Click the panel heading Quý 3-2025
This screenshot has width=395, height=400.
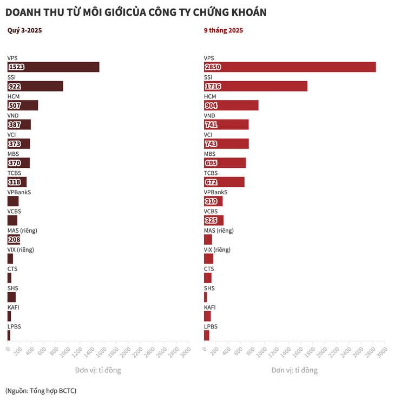(24, 30)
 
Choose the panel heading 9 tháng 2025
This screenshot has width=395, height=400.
(223, 30)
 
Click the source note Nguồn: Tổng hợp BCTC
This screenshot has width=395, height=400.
(41, 390)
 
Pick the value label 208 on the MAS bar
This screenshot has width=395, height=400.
(14, 239)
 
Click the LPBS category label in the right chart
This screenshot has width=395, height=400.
(210, 326)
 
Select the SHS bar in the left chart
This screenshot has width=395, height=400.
(11, 297)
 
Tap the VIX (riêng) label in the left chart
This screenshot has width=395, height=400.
(21, 250)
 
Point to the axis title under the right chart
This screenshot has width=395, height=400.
(294, 370)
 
